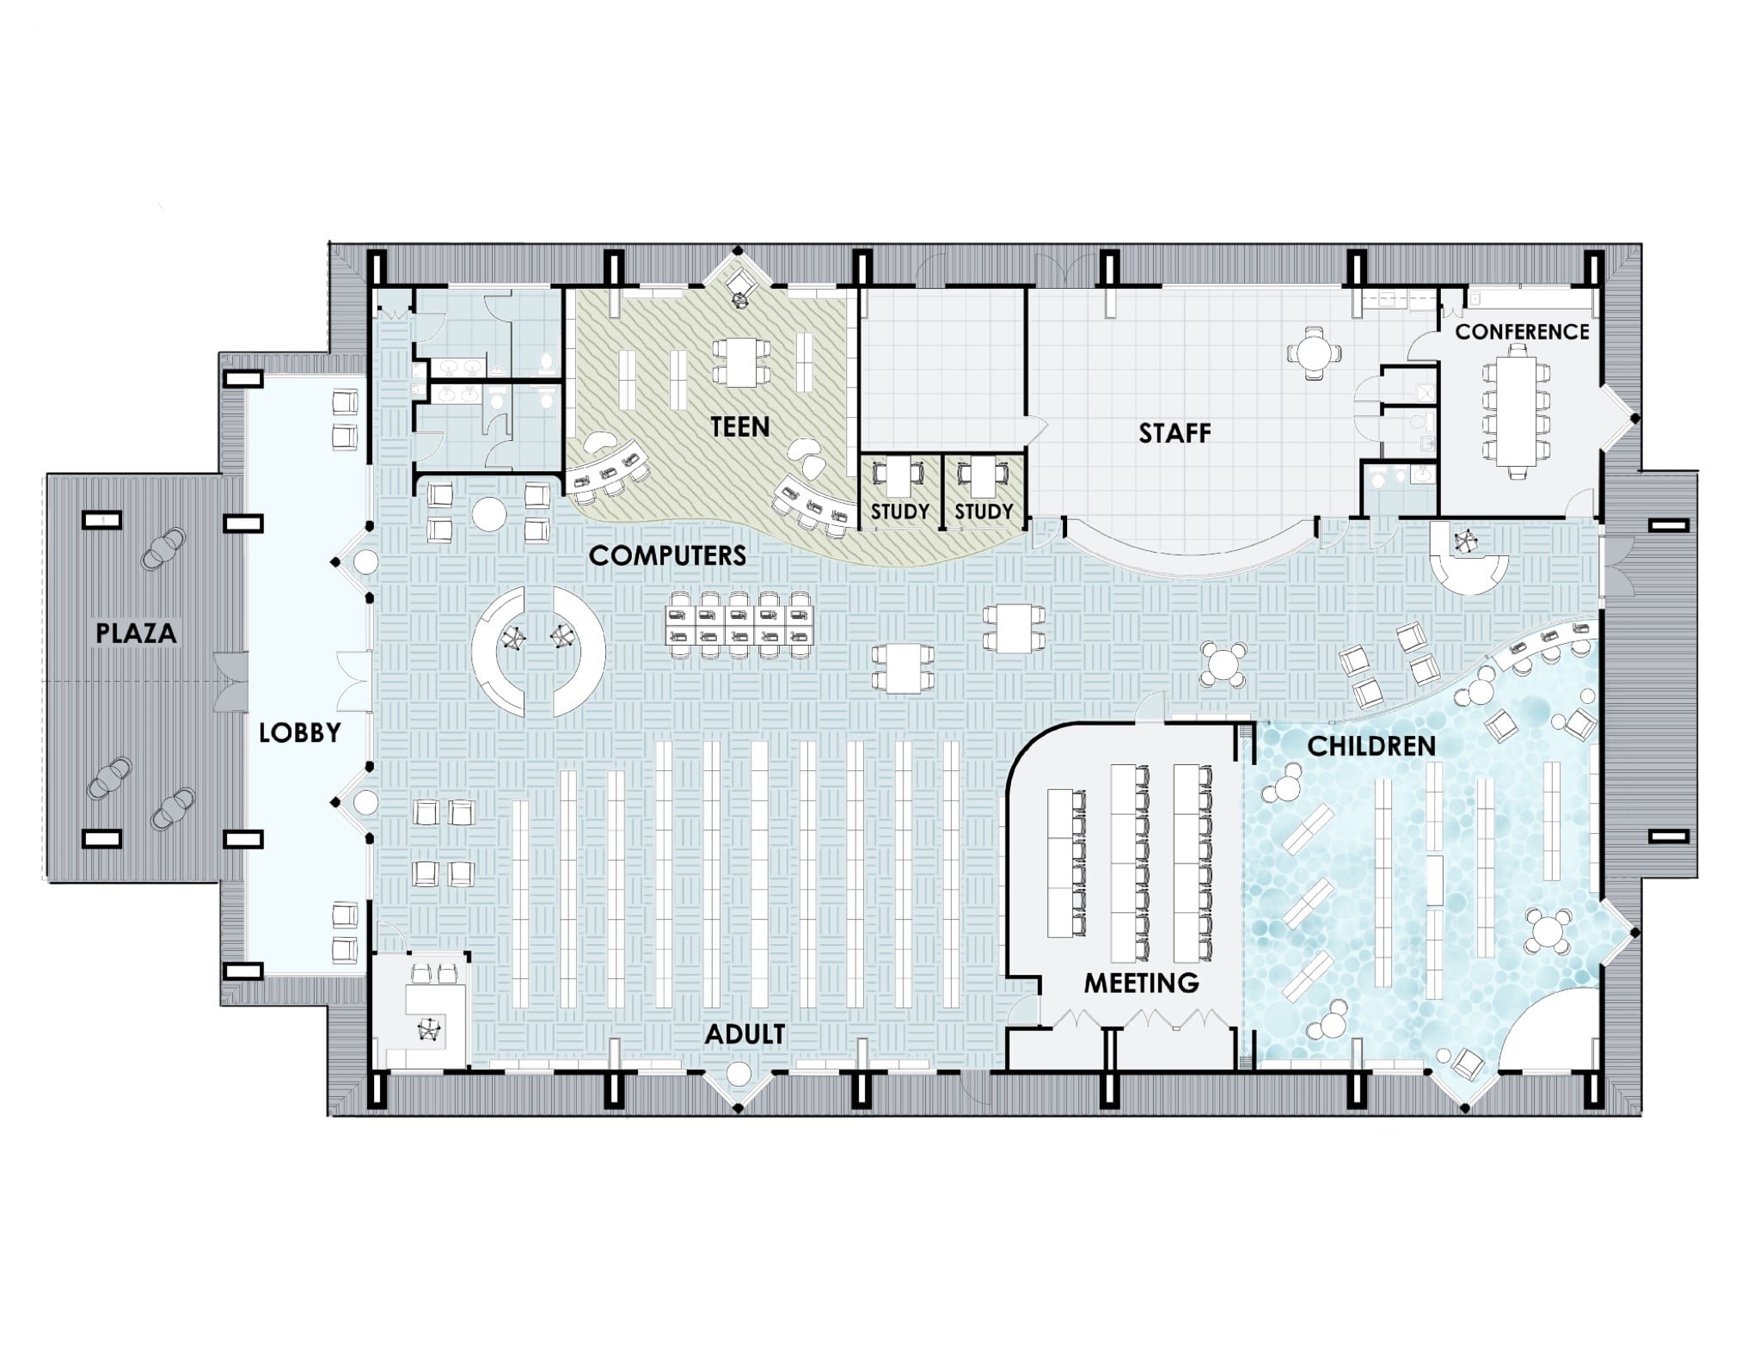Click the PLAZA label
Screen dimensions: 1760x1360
tap(136, 634)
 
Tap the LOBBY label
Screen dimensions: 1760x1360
tap(300, 732)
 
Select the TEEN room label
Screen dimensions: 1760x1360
tap(740, 426)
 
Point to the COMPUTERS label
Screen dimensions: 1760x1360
tap(667, 555)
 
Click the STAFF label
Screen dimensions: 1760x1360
tap(1174, 433)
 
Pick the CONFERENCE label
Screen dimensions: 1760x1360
tap(1522, 331)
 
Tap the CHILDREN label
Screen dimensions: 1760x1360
tap(1371, 746)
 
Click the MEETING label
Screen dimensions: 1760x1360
tap(1141, 983)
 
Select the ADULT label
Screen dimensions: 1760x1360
tap(745, 1034)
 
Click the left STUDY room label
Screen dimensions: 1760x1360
tap(900, 512)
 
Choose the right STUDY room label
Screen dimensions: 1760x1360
tap(984, 512)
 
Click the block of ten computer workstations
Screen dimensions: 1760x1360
tap(740, 625)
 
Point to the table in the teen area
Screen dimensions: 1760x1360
tap(740, 361)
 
